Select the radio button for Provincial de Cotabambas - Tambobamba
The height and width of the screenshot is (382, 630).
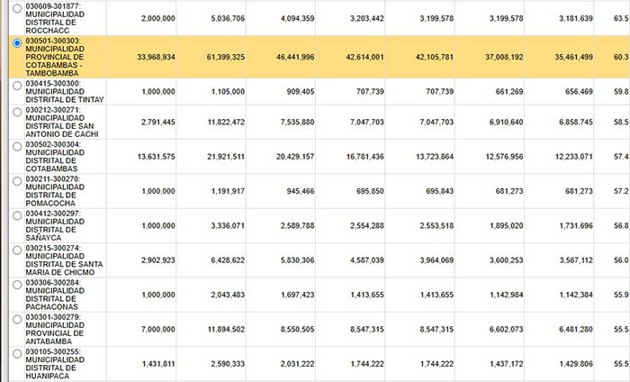18,42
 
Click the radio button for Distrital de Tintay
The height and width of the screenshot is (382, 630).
18,84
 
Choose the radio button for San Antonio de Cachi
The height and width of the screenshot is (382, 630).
18,111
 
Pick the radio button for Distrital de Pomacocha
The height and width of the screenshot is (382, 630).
18,180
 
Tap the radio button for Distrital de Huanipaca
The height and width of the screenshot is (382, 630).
18,352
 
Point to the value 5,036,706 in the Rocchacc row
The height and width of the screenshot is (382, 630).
221,18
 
